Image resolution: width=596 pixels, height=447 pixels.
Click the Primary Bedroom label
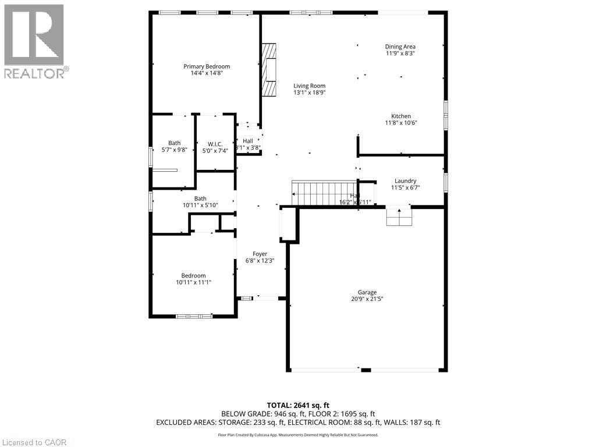point(207,66)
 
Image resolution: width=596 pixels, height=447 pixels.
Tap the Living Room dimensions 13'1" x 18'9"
point(309,93)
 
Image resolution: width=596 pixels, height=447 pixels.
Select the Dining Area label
point(400,47)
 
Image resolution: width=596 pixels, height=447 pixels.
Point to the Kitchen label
point(401,116)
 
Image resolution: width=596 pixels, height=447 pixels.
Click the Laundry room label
point(405,180)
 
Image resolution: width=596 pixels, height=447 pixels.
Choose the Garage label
point(367,292)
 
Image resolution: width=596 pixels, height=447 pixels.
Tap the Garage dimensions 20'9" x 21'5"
point(367,299)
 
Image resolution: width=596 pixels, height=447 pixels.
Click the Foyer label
point(260,254)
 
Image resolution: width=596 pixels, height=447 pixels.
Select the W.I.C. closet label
point(215,144)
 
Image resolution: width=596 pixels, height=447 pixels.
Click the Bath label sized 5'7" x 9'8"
point(174,143)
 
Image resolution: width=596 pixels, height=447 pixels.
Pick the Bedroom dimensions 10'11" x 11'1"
point(193,282)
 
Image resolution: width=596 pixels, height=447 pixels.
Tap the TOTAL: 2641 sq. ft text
point(298,405)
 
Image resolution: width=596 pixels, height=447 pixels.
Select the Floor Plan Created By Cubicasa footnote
point(298,435)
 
